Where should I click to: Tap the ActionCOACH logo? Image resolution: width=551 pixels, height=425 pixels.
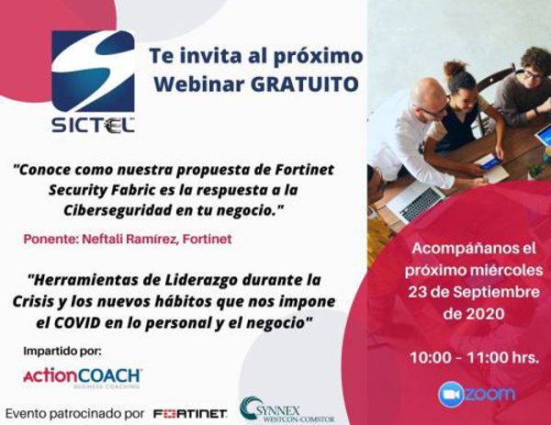click(82, 376)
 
